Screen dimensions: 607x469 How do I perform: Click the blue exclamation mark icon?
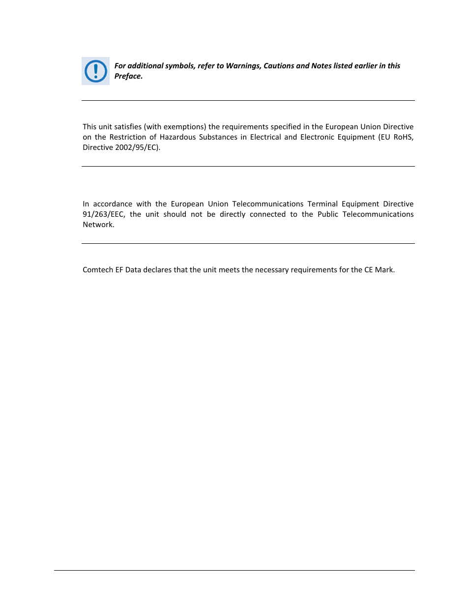pyautogui.click(x=95, y=71)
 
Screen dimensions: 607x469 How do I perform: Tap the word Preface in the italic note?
pyautogui.click(x=128, y=76)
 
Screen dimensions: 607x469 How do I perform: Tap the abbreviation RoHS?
pyautogui.click(x=403, y=137)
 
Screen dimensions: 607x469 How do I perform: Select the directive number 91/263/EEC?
pyautogui.click(x=104, y=214)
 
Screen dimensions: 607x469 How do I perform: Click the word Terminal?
pyautogui.click(x=322, y=204)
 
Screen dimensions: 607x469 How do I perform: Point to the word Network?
pyautogui.click(x=98, y=225)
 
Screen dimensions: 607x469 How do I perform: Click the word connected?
pyautogui.click(x=267, y=214)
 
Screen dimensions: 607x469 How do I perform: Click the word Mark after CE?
pyautogui.click(x=384, y=270)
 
